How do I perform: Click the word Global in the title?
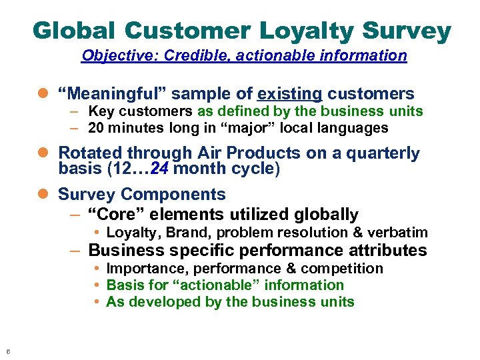pyautogui.click(x=73, y=31)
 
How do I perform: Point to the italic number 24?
pyautogui.click(x=160, y=169)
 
